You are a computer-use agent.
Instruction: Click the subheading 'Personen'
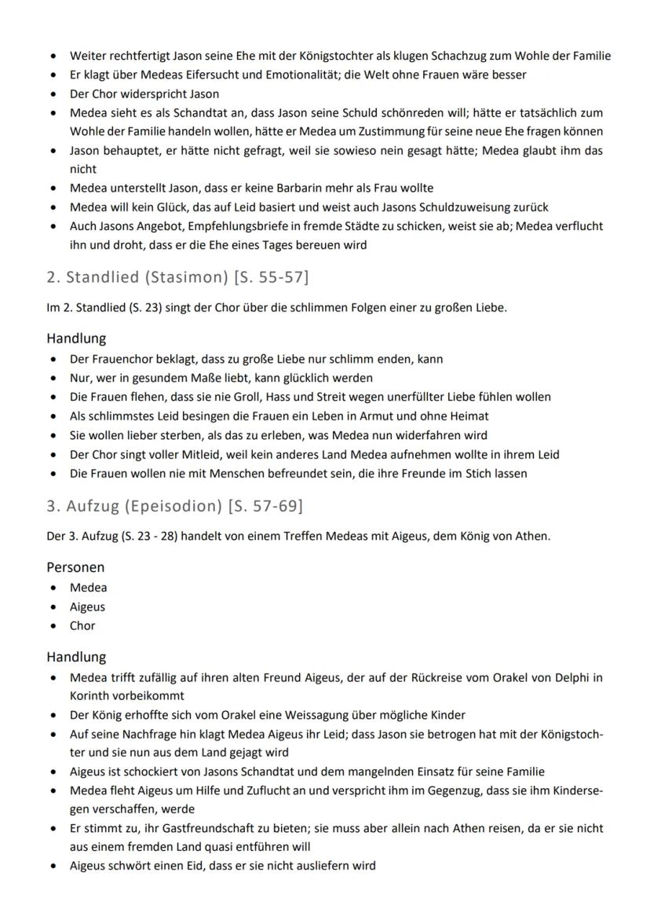[x=75, y=567]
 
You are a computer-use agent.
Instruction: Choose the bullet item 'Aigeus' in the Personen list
[x=87, y=607]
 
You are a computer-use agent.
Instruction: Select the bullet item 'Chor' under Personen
[x=82, y=626]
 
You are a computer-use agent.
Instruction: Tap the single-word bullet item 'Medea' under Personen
[x=89, y=588]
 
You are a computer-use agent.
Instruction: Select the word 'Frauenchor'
[x=122, y=359]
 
